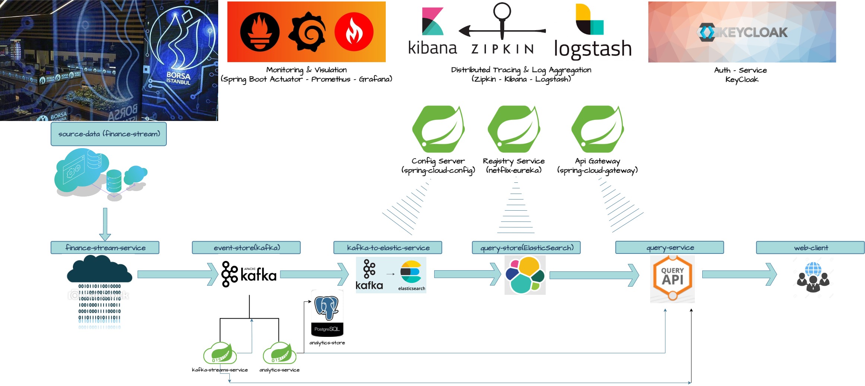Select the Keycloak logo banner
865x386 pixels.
point(742,32)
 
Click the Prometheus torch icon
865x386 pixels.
point(260,32)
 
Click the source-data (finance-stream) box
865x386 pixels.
point(109,134)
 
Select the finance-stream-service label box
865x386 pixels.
point(105,248)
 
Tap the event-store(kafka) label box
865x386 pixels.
point(246,248)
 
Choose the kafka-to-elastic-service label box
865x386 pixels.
point(388,248)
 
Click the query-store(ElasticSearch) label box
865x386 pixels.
point(526,248)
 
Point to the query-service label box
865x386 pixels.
point(670,248)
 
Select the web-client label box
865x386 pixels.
point(810,248)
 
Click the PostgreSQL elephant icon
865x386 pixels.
point(327,307)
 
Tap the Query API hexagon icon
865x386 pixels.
point(672,277)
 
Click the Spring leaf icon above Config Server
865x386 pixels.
point(438,129)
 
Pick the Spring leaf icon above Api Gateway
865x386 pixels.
point(598,129)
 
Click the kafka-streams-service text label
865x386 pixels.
point(220,370)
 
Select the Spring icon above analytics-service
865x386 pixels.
point(280,353)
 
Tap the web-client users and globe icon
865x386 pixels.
point(813,277)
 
